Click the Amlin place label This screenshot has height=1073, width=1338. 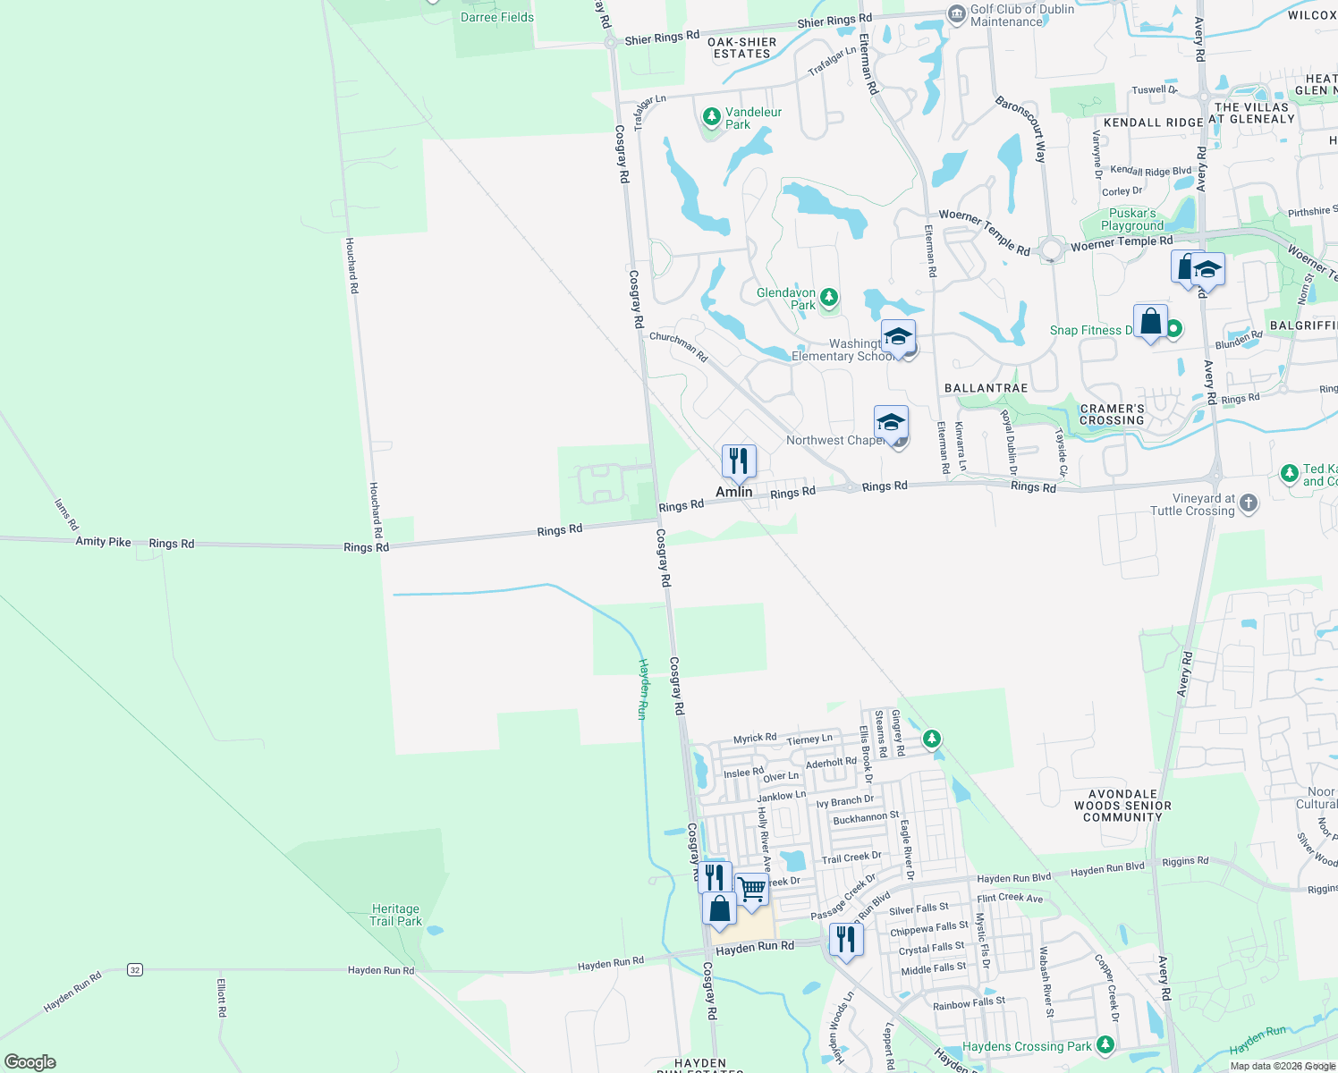pyautogui.click(x=733, y=492)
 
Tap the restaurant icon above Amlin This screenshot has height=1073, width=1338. pyautogui.click(x=739, y=461)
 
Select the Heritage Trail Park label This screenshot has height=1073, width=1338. pyautogui.click(x=395, y=915)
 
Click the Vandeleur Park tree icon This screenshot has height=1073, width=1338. pyautogui.click(x=712, y=117)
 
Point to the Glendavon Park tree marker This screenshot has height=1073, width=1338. pyautogui.click(x=829, y=297)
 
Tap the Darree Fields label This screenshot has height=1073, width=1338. pyautogui.click(x=496, y=17)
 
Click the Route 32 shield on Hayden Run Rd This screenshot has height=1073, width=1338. pyautogui.click(x=134, y=969)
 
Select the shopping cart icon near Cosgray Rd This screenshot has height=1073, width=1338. pyautogui.click(x=752, y=890)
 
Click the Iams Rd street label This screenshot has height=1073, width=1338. pyautogui.click(x=66, y=514)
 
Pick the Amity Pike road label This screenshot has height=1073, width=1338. pyautogui.click(x=103, y=542)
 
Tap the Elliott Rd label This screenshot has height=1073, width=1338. pyautogui.click(x=222, y=998)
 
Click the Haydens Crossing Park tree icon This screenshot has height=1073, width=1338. pyautogui.click(x=1105, y=1044)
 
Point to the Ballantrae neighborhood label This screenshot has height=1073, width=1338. pyautogui.click(x=986, y=388)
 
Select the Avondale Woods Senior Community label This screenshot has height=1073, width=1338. pyautogui.click(x=1122, y=805)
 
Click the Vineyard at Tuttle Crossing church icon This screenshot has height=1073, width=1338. pyautogui.click(x=1249, y=503)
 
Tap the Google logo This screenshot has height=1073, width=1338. pyautogui.click(x=30, y=1061)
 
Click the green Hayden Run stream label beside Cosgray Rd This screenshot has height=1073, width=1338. pyautogui.click(x=642, y=689)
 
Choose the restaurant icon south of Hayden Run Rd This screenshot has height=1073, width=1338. pyautogui.click(x=845, y=940)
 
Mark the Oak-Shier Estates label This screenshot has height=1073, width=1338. pyautogui.click(x=741, y=47)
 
